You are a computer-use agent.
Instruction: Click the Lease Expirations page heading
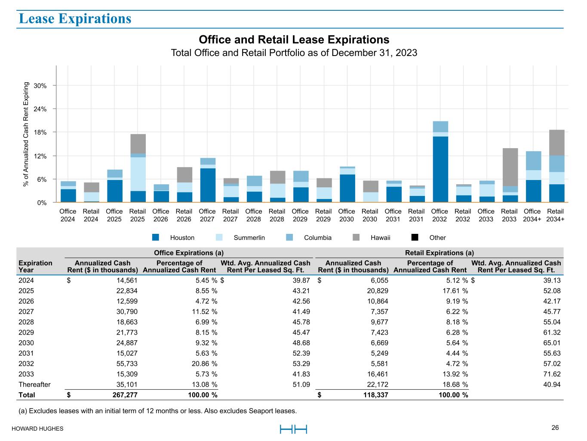75,19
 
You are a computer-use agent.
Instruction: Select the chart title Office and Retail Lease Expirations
294,40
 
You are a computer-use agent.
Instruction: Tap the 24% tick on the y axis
40,109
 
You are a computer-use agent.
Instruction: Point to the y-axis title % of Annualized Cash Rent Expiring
26,134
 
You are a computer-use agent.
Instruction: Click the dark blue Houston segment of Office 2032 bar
440,169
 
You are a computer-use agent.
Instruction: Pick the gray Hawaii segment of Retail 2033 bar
510,167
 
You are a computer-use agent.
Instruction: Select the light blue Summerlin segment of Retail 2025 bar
138,174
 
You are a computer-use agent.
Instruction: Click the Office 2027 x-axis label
207,215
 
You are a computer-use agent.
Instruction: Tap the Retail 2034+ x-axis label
555,215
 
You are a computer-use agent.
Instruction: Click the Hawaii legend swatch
356,237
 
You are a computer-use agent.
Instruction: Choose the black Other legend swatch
415,237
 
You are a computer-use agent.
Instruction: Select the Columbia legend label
318,237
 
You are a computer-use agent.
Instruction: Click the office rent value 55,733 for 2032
127,363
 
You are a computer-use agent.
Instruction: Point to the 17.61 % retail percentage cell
455,291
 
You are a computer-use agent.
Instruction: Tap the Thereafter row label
34,385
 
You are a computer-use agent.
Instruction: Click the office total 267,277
125,395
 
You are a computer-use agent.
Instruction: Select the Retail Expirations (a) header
439,253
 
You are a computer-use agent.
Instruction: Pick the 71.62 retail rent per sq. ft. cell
552,374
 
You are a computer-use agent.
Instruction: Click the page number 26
555,428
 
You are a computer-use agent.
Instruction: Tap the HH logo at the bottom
293,429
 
